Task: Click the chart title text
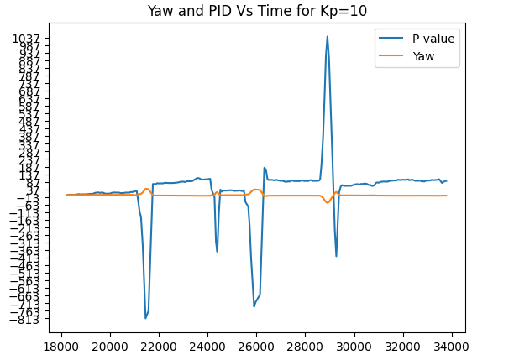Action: coord(256,11)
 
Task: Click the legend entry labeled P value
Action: coord(433,39)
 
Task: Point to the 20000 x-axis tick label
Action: coord(110,344)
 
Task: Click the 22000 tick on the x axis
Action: coord(160,344)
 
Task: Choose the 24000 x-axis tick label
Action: coord(208,344)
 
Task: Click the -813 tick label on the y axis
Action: coord(39,320)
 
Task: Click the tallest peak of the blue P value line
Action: coord(328,37)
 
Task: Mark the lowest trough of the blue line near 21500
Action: coord(145,318)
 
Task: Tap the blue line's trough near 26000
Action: coord(254,305)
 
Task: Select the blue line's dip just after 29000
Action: coord(336,255)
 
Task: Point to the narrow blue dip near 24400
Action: coord(217,251)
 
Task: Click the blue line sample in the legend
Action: coord(391,39)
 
